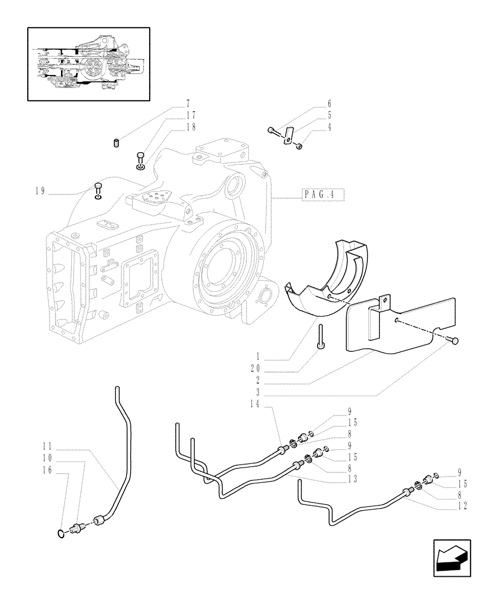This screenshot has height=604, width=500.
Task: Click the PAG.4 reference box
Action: click(x=320, y=195)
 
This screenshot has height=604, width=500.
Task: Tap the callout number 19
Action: click(x=40, y=192)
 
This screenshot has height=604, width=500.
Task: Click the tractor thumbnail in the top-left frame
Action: click(x=88, y=64)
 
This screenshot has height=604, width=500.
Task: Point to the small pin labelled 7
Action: click(x=116, y=143)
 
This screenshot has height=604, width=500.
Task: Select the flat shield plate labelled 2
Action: click(x=386, y=326)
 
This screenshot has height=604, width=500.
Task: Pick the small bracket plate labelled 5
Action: click(x=288, y=135)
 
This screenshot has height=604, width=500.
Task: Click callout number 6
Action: click(x=346, y=104)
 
